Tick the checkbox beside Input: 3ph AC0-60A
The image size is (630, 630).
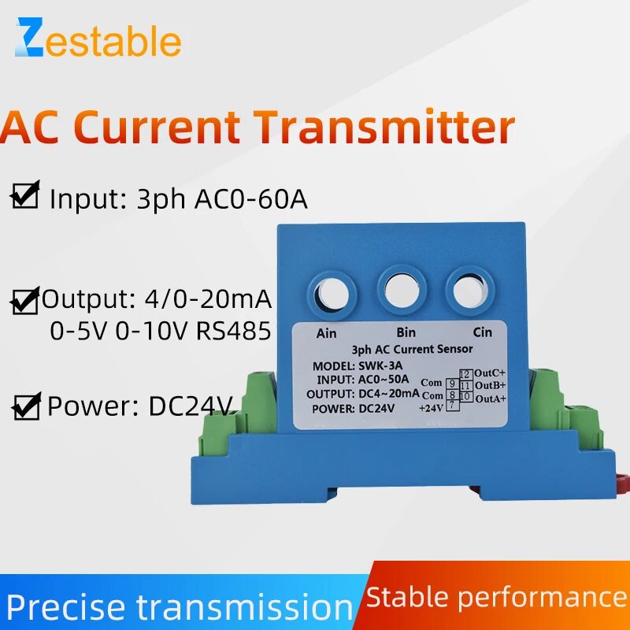[x=26, y=195]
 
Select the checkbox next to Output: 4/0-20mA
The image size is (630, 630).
[x=26, y=301]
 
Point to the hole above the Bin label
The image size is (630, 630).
[x=400, y=288]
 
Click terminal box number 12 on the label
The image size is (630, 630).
[x=465, y=374]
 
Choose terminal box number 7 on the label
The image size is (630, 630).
[x=453, y=405]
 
